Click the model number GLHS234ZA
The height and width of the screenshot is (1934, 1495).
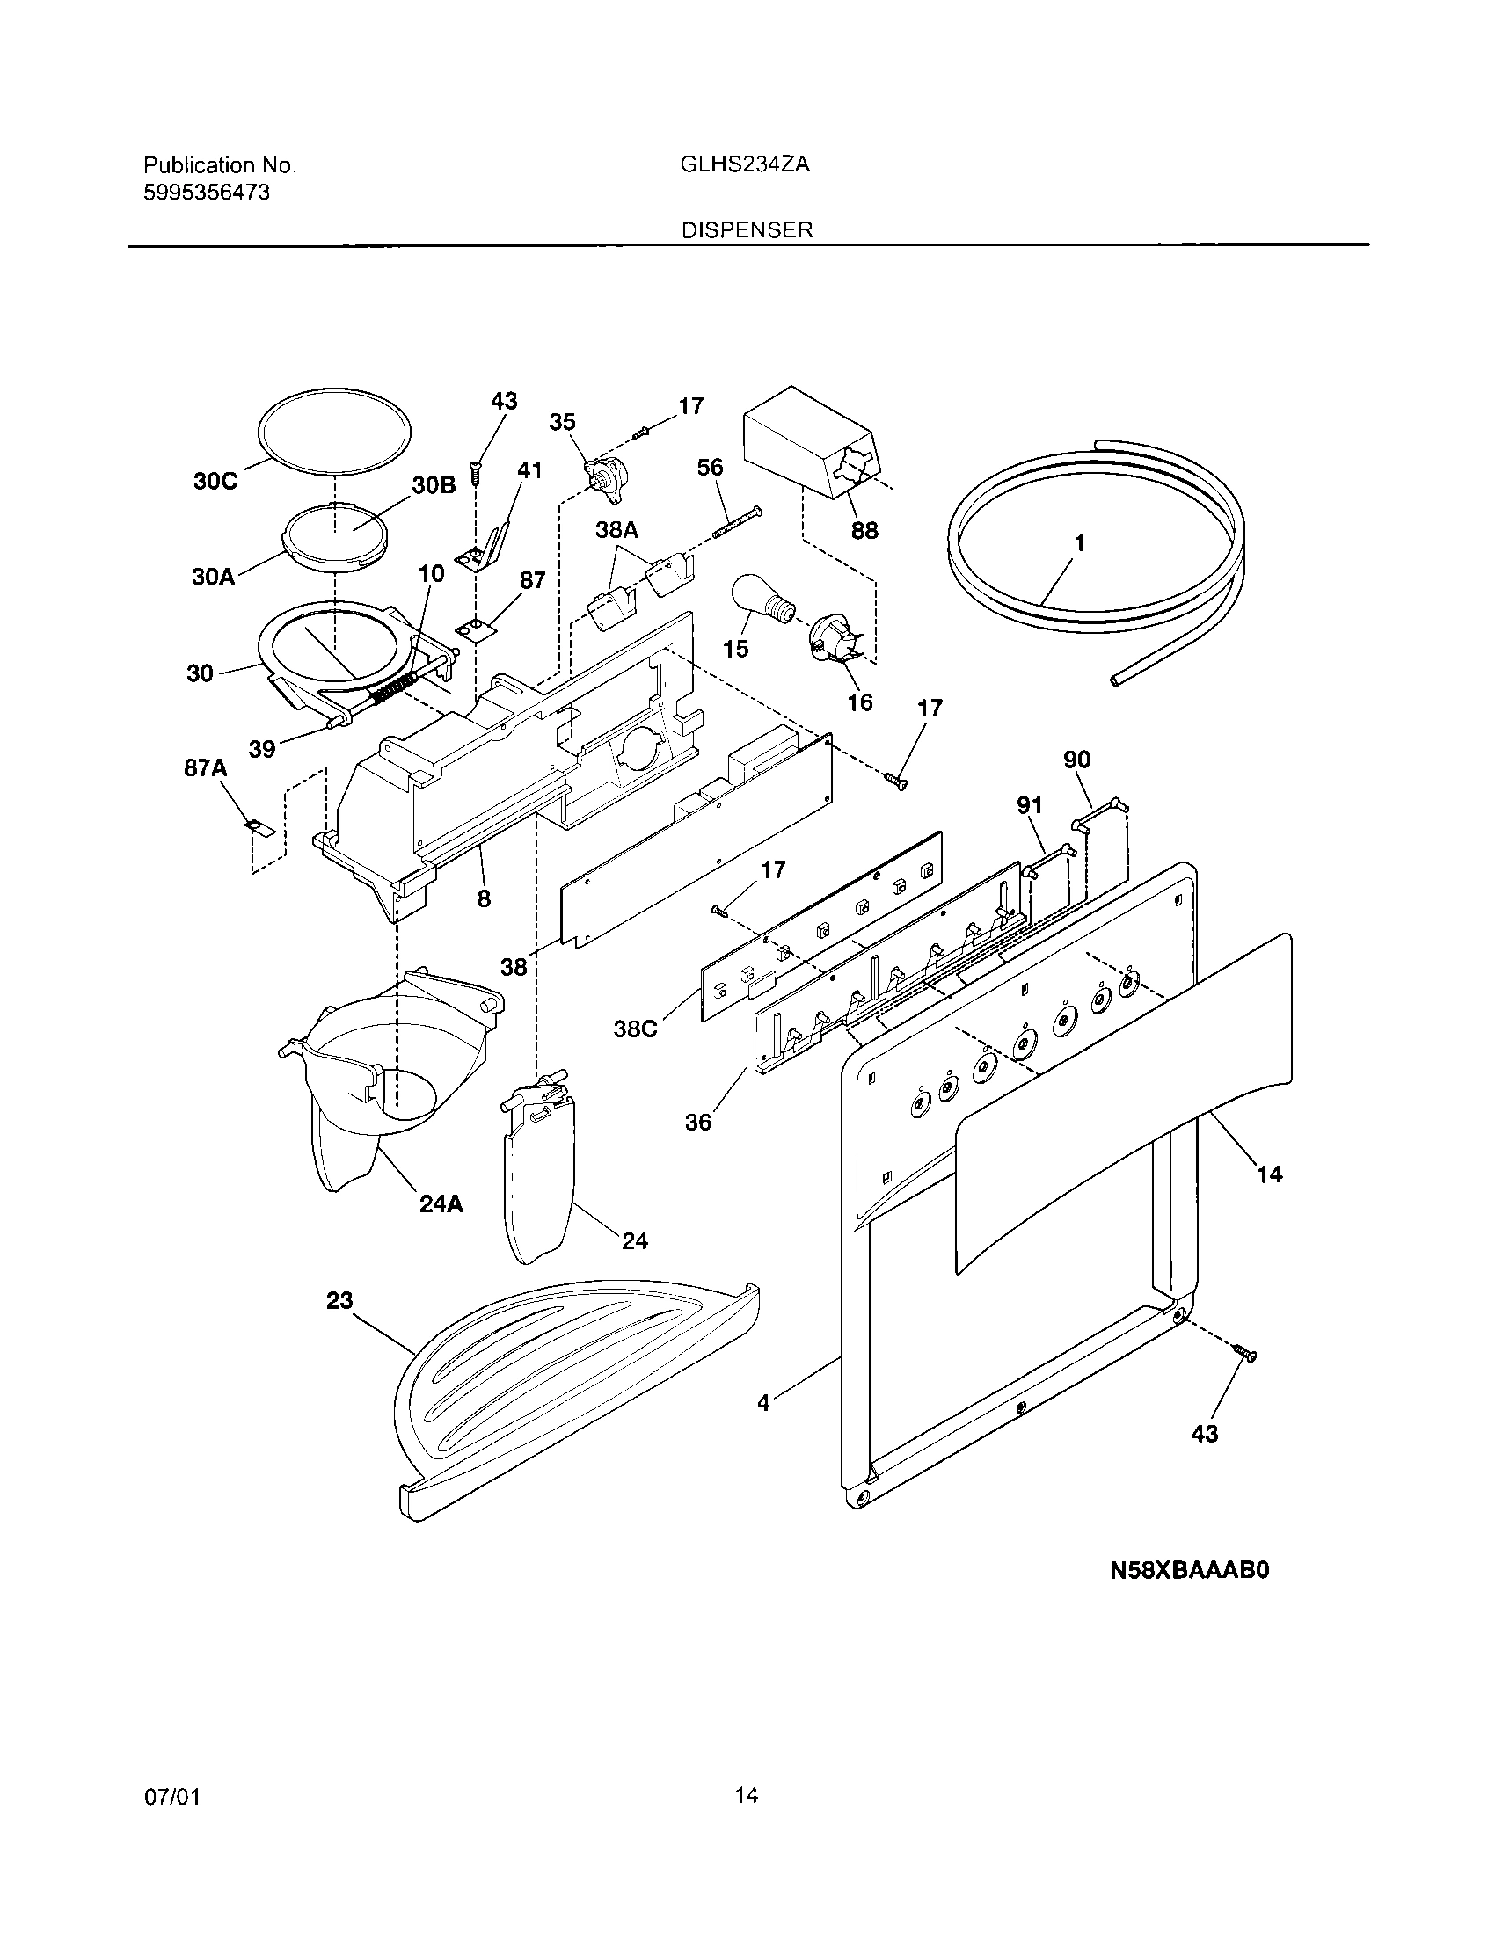pyautogui.click(x=744, y=164)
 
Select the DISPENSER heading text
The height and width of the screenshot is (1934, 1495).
pyautogui.click(x=747, y=230)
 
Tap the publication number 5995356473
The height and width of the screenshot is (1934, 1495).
pyautogui.click(x=207, y=193)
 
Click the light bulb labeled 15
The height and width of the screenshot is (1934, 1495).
pyautogui.click(x=760, y=602)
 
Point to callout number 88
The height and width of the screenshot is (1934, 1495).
pyautogui.click(x=864, y=529)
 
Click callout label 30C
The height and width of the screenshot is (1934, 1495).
pyautogui.click(x=215, y=481)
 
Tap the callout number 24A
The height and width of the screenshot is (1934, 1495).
pyautogui.click(x=441, y=1204)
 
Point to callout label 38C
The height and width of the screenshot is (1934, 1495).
pyautogui.click(x=636, y=1029)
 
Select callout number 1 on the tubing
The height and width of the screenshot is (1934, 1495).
pyautogui.click(x=1080, y=542)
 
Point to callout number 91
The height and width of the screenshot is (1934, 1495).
pyautogui.click(x=1029, y=805)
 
